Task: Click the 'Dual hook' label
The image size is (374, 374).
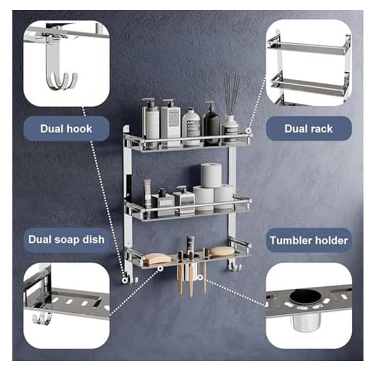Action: click(x=66, y=129)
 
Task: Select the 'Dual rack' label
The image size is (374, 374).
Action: click(x=308, y=129)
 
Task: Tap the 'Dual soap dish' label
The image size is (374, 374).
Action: click(x=66, y=239)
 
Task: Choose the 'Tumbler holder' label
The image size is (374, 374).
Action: click(x=308, y=240)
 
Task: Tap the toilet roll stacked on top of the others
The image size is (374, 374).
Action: click(x=212, y=174)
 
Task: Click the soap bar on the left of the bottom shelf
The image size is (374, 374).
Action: click(x=157, y=258)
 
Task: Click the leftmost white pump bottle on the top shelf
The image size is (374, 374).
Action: click(x=150, y=122)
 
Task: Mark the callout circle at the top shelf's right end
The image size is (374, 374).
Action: click(x=249, y=132)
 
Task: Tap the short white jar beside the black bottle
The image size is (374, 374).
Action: click(x=192, y=127)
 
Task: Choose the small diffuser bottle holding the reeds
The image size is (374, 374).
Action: click(x=231, y=129)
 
